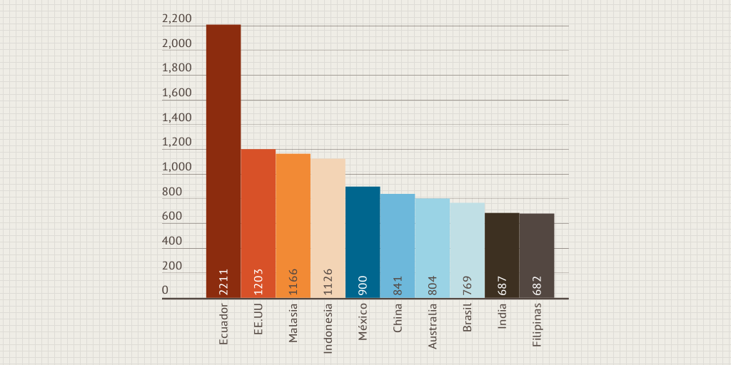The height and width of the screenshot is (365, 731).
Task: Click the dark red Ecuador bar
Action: pyautogui.click(x=223, y=161)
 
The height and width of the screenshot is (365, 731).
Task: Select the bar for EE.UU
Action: pyautogui.click(x=258, y=223)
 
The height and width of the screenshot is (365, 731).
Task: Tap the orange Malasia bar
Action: pyautogui.click(x=293, y=226)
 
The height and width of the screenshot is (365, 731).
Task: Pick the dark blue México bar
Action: pyautogui.click(x=363, y=242)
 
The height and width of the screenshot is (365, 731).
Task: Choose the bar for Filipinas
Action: pyautogui.click(x=537, y=256)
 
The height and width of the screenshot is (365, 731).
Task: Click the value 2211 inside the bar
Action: pyautogui.click(x=223, y=282)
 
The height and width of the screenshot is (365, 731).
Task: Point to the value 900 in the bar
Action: pyautogui.click(x=363, y=285)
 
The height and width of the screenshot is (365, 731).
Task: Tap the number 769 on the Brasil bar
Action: pyautogui.click(x=467, y=285)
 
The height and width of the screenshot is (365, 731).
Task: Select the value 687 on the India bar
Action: pyautogui.click(x=502, y=285)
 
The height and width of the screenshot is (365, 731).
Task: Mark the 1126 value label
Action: pyautogui.click(x=328, y=282)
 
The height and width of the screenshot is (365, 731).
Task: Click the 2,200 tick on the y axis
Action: pyautogui.click(x=177, y=19)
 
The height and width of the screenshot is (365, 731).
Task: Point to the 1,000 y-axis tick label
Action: pyautogui.click(x=177, y=167)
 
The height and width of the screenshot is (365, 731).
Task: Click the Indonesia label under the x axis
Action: pyautogui.click(x=328, y=329)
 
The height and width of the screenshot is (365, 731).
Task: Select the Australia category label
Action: pyautogui.click(x=433, y=327)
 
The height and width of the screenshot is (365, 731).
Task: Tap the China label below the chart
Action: pyautogui.click(x=398, y=318)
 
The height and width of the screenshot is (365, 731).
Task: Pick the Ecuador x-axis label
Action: pyautogui.click(x=223, y=324)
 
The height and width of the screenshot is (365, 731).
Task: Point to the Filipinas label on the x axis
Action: pyautogui.click(x=537, y=325)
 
